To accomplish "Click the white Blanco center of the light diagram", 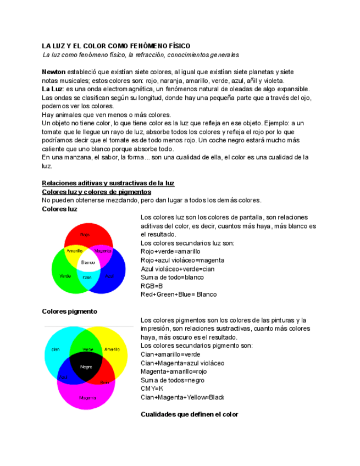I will [88, 263].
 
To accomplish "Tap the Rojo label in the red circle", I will [85, 235].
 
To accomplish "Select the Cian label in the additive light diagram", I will [87, 277].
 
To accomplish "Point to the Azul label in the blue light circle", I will [110, 276].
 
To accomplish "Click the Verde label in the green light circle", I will [65, 276].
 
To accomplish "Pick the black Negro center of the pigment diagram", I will [86, 367].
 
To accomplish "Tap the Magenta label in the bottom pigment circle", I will [87, 397].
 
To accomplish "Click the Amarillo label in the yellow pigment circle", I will [112, 349].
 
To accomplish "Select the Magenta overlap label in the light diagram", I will [103, 251].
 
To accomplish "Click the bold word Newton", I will [54, 72].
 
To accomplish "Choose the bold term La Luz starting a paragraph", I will [52, 89].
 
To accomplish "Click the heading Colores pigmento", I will [70, 312].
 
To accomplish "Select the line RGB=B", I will [152, 286].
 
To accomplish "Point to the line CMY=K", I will [152, 389].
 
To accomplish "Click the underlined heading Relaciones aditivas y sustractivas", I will [108, 183].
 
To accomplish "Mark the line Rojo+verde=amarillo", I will [170, 252].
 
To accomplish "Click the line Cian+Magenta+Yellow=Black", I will [182, 397].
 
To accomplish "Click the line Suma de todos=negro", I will [173, 380].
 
